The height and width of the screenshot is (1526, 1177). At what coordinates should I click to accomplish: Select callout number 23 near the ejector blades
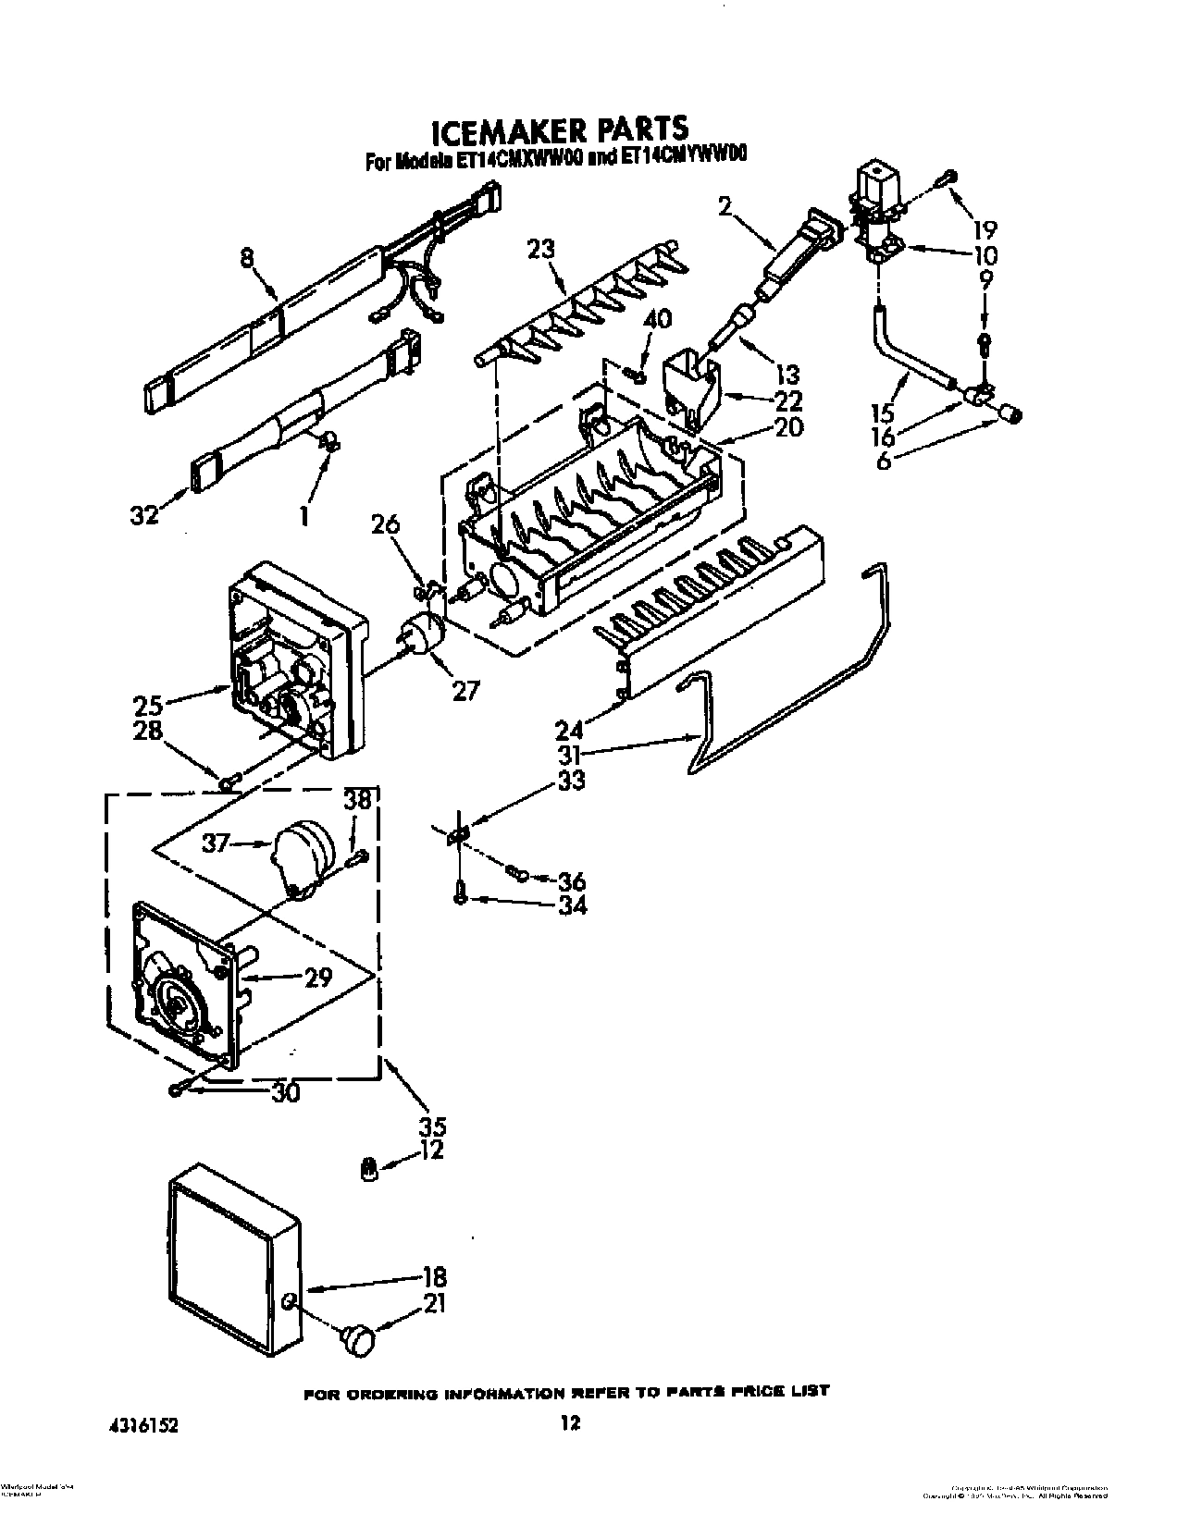(x=541, y=250)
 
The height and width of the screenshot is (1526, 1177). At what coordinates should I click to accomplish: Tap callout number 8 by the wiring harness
(x=247, y=260)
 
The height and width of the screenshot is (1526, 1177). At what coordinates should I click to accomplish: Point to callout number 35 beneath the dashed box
(x=432, y=1126)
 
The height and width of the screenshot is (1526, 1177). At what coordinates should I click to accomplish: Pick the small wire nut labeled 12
(x=367, y=1170)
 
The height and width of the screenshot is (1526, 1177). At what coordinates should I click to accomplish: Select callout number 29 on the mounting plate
(x=317, y=978)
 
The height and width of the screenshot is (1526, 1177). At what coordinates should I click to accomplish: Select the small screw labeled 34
(x=461, y=894)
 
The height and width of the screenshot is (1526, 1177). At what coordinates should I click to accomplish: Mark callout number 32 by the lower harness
(x=145, y=514)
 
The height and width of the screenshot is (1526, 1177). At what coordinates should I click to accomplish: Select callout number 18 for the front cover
(x=434, y=1279)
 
